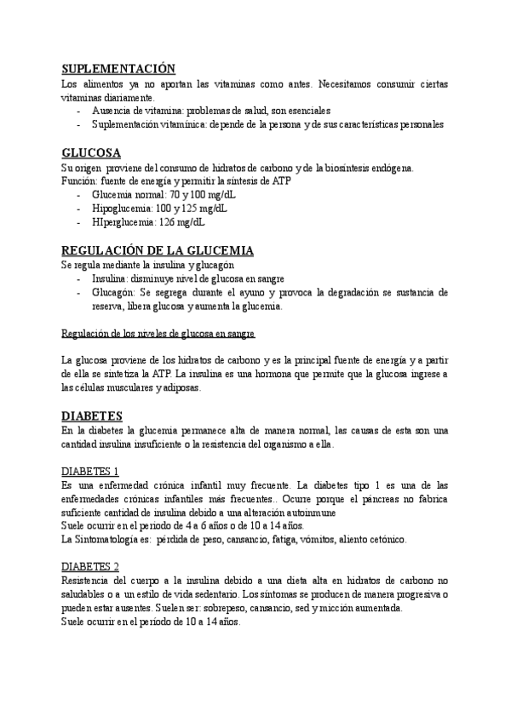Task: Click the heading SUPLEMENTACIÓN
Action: point(118,70)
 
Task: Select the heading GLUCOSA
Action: point(90,153)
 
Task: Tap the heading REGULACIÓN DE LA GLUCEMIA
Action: point(158,250)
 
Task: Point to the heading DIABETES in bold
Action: point(93,416)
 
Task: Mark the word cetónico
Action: point(386,540)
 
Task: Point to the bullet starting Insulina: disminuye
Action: point(187,279)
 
